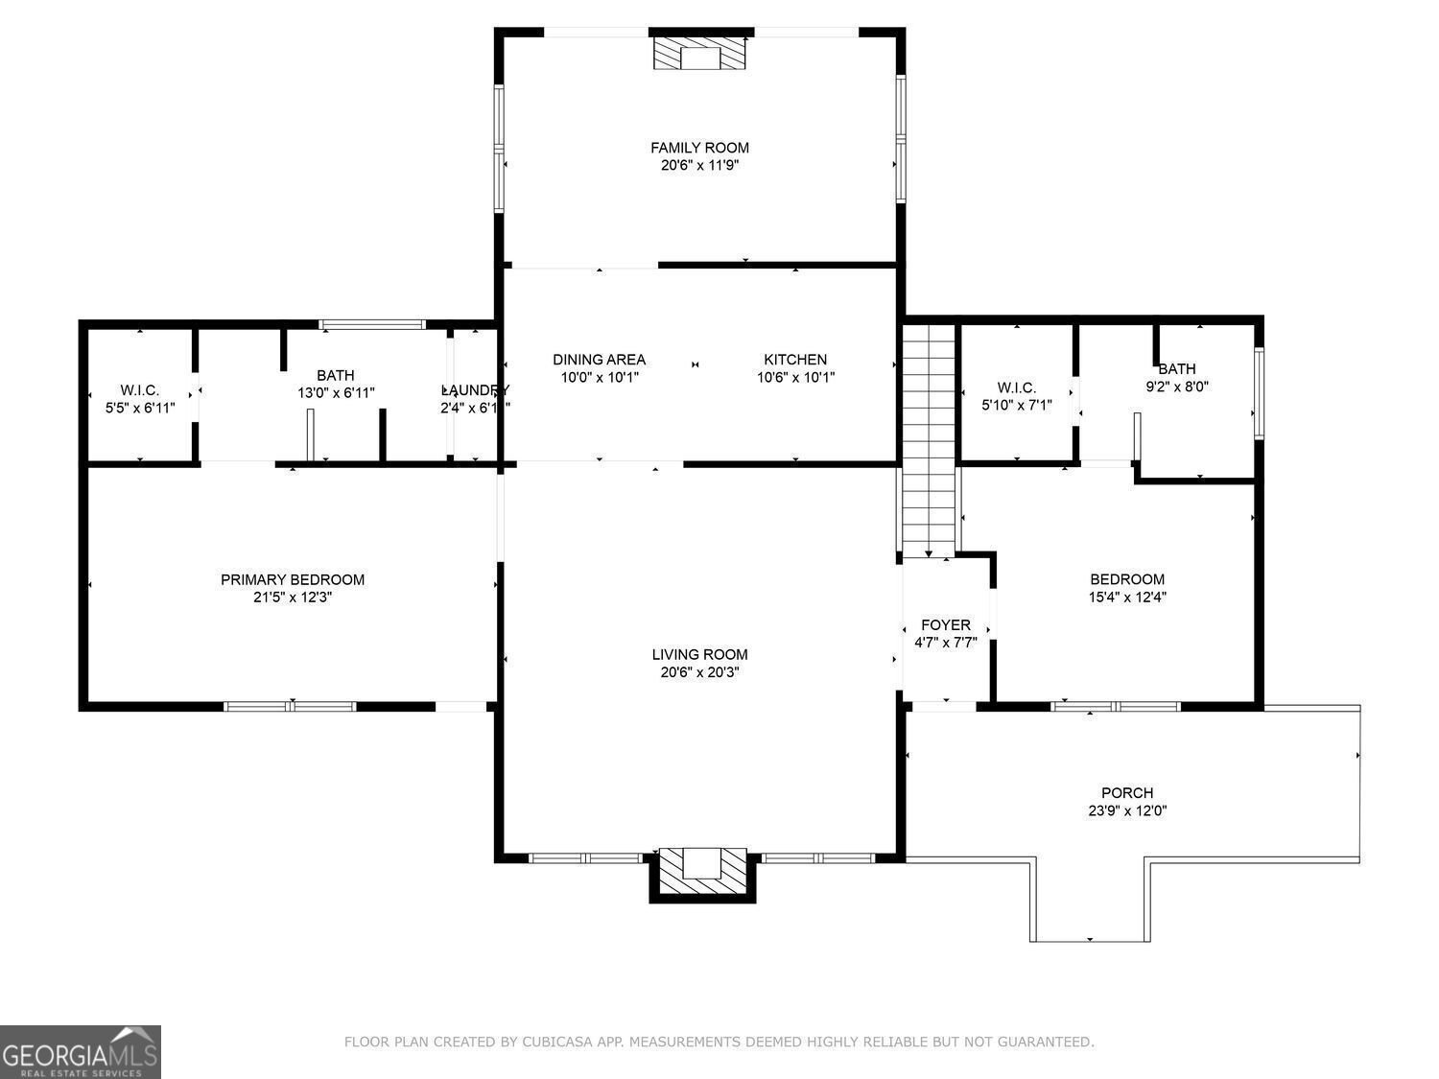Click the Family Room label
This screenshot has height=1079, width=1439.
click(699, 148)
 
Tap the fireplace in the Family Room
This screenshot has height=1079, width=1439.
click(699, 54)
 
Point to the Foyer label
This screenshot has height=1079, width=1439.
click(945, 625)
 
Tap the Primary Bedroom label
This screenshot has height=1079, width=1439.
click(293, 579)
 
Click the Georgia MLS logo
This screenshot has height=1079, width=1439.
click(81, 1052)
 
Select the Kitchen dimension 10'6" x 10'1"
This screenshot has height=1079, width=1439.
click(795, 377)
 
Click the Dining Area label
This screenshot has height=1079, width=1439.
click(599, 360)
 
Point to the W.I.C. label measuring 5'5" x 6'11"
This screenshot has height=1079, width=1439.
click(140, 390)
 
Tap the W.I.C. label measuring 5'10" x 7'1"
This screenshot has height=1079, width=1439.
click(1016, 387)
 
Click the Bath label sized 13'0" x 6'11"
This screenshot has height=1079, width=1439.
click(336, 375)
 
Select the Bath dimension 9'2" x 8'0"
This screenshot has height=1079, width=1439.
click(1177, 387)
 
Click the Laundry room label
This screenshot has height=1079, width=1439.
click(475, 390)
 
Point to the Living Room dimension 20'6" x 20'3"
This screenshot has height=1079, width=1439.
click(699, 672)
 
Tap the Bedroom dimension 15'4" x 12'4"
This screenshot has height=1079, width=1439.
click(1127, 597)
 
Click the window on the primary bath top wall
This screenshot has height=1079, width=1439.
click(372, 324)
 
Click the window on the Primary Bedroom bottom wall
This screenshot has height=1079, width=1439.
click(290, 707)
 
